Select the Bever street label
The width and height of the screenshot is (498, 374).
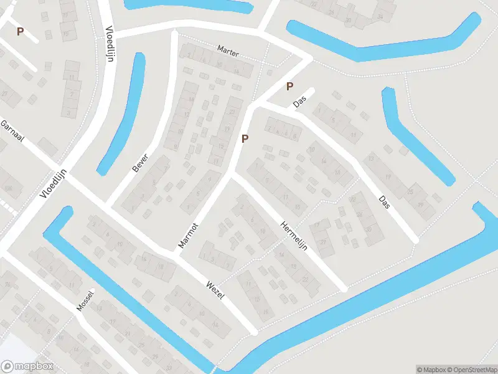pos(139,162)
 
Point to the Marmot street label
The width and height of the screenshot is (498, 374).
pos(187,236)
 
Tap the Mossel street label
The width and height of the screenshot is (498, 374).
pos(84,301)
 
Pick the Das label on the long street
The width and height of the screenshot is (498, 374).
pos(384,203)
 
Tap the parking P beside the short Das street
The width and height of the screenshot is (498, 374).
pos(289,87)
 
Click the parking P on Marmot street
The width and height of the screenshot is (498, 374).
pos(245,138)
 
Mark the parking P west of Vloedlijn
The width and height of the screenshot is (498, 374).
pos(20,31)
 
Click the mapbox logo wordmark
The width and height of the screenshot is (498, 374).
pos(28,367)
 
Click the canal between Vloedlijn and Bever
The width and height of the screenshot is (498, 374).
pos(122,115)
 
